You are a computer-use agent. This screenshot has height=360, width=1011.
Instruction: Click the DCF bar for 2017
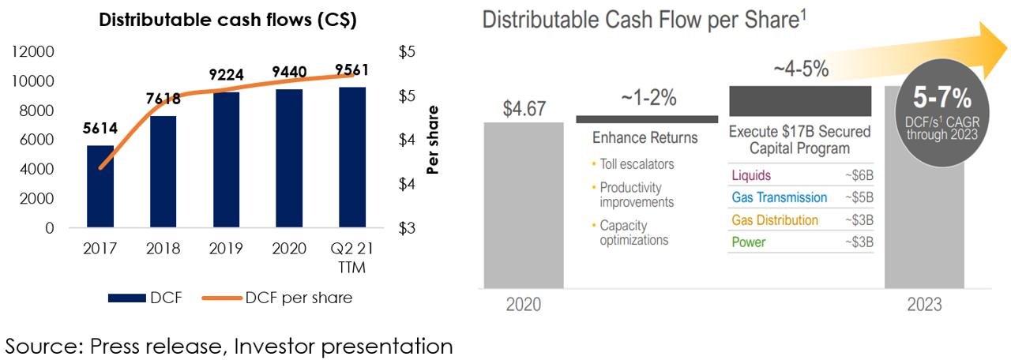click(100, 186)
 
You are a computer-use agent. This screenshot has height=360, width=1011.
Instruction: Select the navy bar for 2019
click(226, 159)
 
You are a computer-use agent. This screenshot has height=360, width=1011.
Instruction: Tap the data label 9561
click(351, 70)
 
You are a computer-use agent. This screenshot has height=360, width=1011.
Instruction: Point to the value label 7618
click(163, 99)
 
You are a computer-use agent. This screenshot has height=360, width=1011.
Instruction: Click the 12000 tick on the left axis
click(32, 51)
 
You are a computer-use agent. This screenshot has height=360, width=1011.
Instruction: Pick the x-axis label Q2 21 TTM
click(352, 257)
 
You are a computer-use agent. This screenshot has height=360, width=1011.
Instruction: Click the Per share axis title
click(432, 140)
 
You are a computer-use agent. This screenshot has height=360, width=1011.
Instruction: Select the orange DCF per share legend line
click(222, 298)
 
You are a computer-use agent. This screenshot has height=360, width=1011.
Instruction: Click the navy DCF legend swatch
click(127, 298)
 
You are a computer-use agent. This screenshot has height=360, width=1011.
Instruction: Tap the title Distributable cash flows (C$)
click(227, 20)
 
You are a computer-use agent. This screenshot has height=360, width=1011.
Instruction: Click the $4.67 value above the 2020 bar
click(524, 109)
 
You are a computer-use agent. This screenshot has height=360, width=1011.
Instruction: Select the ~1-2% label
click(648, 97)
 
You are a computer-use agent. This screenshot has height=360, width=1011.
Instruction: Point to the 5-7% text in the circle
click(942, 97)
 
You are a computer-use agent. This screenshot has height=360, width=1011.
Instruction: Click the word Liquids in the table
click(751, 175)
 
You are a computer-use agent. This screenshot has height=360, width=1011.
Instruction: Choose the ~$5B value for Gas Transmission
click(859, 197)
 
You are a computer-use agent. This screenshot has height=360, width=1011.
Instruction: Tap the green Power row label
click(748, 242)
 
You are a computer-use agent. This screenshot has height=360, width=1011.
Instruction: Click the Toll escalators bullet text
click(637, 164)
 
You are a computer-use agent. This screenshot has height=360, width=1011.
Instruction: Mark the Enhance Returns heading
click(645, 137)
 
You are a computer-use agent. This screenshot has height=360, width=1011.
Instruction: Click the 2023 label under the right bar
click(924, 305)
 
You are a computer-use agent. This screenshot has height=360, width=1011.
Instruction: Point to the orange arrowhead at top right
click(993, 50)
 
